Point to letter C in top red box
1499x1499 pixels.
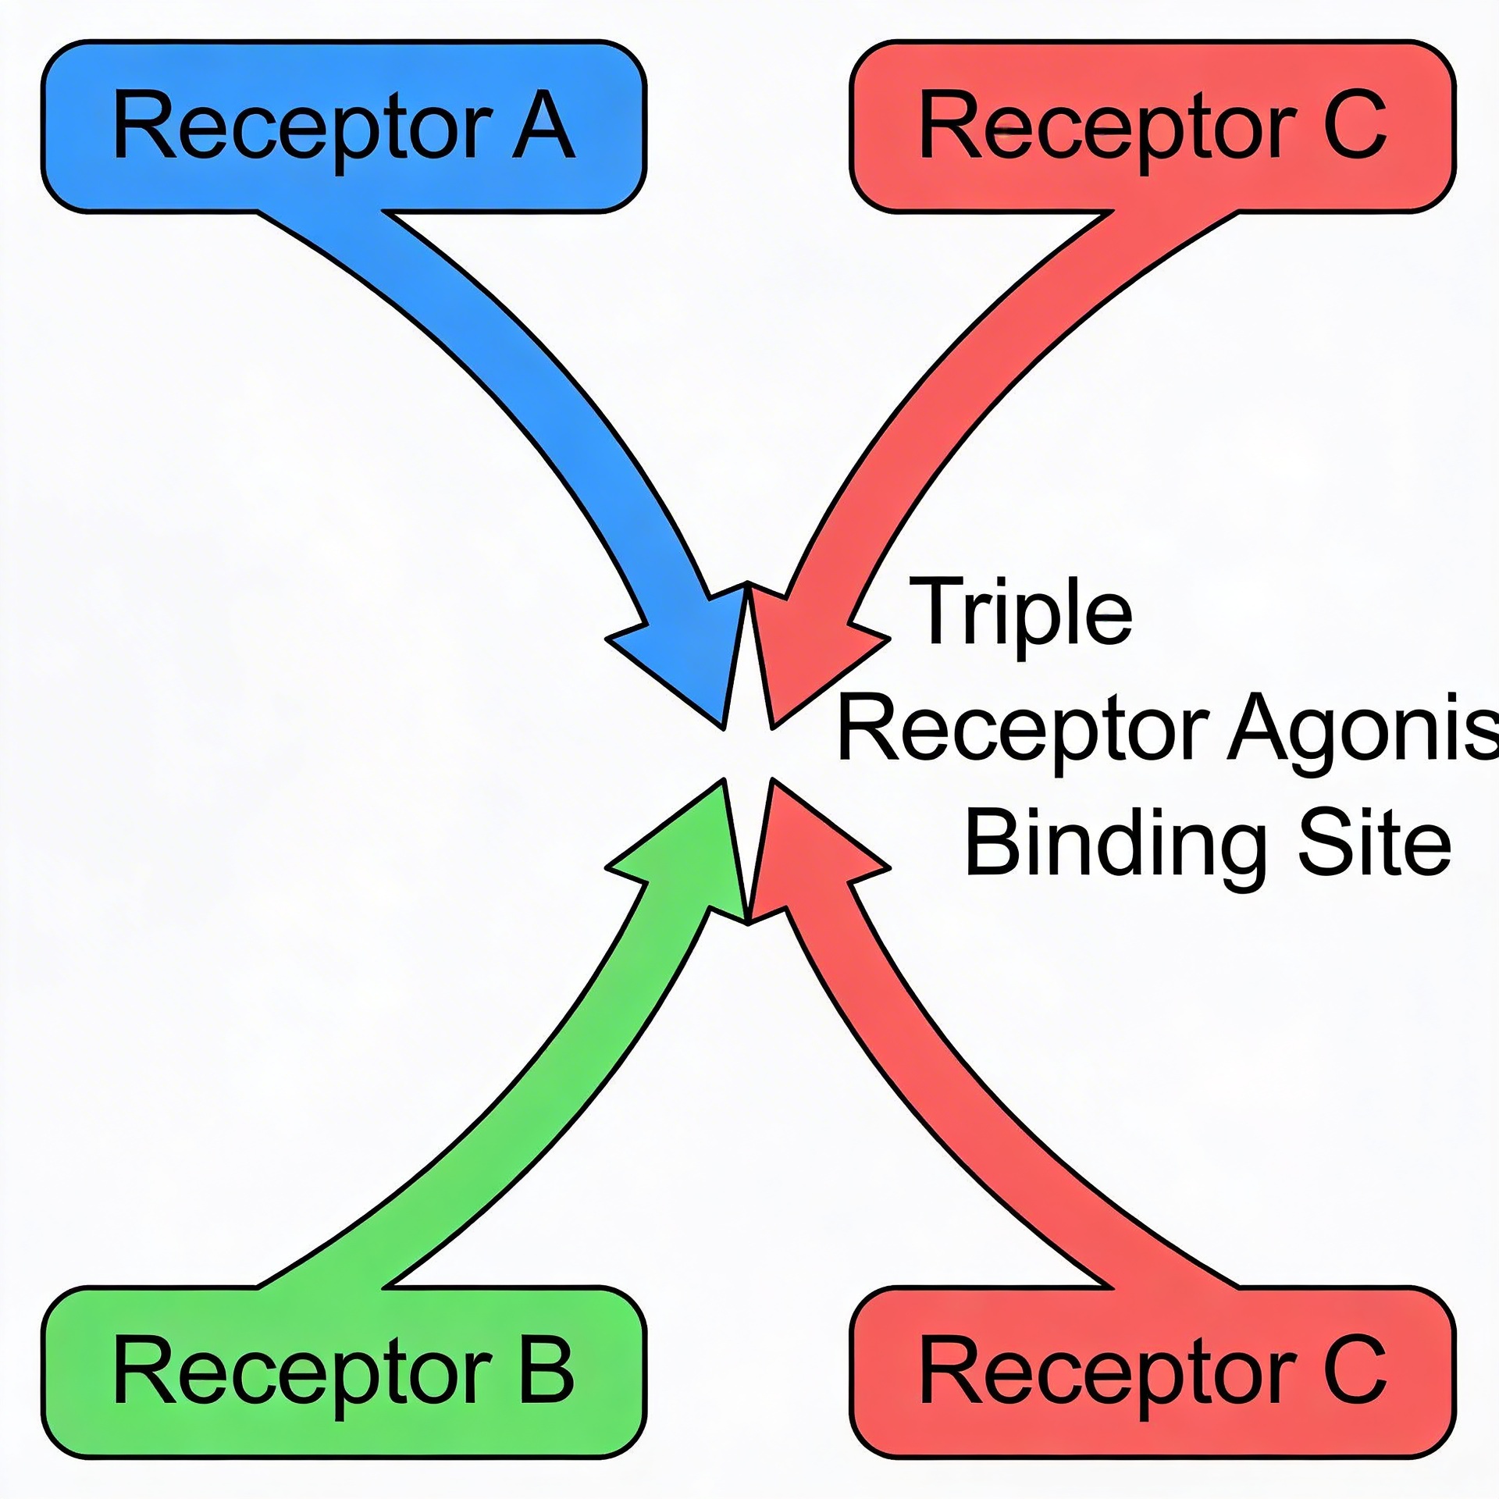click(x=1355, y=125)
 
